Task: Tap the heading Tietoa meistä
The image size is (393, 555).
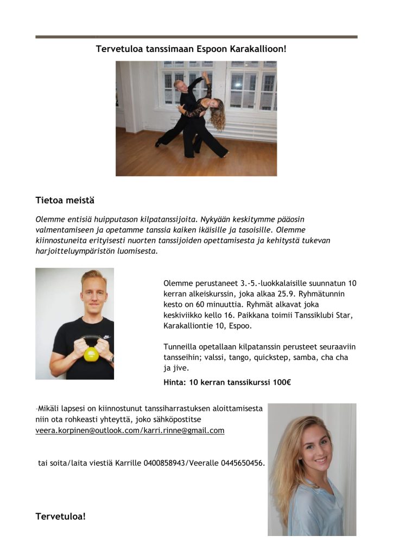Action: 65,201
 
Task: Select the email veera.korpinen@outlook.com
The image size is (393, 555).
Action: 86,430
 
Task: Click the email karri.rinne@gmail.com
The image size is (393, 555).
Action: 184,430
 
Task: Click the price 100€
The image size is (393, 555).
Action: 281,383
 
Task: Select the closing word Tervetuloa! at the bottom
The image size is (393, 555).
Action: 60,516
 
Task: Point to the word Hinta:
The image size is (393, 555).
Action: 175,383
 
